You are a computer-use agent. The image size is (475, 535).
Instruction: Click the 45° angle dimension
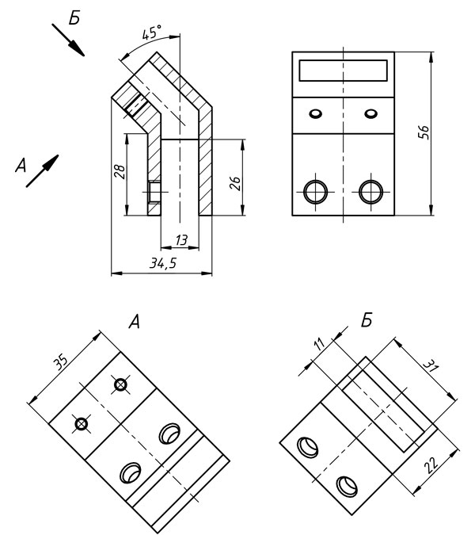pos(152,32)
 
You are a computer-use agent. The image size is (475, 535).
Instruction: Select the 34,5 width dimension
pos(163,263)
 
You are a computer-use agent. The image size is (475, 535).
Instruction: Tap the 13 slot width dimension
pos(181,240)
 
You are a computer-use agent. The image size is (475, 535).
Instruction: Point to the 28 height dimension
pos(120,172)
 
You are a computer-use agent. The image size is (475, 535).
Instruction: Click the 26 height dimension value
pos(235,183)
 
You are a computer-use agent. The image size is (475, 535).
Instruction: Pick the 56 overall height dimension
pos(424,132)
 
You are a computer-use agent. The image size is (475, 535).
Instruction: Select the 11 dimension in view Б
pos(320,344)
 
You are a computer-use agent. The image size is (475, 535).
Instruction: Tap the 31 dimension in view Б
pos(431,367)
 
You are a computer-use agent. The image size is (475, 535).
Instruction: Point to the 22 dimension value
pos(432,465)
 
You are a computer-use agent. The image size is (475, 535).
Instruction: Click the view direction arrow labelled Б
pos(68,40)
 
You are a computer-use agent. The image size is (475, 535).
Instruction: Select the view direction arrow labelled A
pos(42,171)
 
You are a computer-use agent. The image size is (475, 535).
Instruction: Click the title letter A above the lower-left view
pos(135,322)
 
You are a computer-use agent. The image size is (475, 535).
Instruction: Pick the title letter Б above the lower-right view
pos(367,321)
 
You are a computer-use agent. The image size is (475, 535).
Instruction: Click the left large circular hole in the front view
pos(315,192)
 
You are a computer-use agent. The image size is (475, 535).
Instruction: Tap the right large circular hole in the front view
pos(370,192)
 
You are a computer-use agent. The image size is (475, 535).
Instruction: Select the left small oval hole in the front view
pos(316,113)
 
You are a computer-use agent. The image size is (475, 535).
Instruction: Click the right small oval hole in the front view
pos(370,113)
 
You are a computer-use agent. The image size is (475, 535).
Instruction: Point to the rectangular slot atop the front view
pos(343,71)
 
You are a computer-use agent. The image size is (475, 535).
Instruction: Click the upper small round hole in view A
pos(120,385)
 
